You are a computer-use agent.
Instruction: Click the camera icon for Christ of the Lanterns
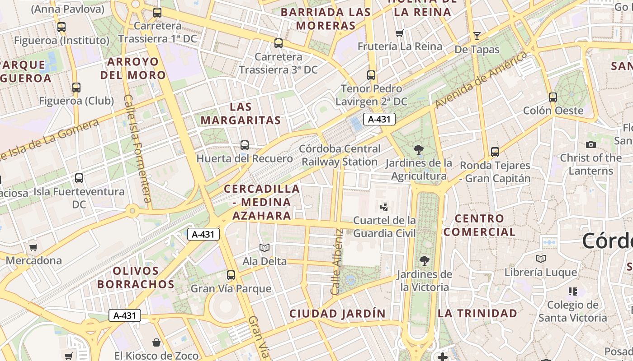point(590,145)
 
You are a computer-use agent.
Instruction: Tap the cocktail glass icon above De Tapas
point(477,36)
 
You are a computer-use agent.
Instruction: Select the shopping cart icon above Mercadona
point(33,247)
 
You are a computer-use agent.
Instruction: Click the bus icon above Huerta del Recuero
point(245,145)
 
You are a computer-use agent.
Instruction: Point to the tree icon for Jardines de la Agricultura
point(419,150)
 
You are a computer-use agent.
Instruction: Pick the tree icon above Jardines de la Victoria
point(424,261)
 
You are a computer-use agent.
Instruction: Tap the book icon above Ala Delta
point(265,248)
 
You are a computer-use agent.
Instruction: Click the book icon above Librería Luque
point(541,259)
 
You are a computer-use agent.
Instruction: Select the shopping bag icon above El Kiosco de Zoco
point(156,342)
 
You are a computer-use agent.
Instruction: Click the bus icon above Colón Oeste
point(553,97)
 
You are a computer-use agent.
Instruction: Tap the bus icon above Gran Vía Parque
point(231,275)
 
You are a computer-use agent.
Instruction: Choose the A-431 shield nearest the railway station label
point(379,120)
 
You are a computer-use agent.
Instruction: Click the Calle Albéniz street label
point(337,262)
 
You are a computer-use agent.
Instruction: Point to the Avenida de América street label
point(482,80)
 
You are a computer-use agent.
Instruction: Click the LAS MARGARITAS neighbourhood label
point(241,114)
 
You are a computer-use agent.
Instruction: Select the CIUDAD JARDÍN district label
point(338,314)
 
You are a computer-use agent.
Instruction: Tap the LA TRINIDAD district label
point(477,313)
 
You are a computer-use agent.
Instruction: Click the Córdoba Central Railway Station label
point(340,155)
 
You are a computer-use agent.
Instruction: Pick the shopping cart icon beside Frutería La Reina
point(399,33)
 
